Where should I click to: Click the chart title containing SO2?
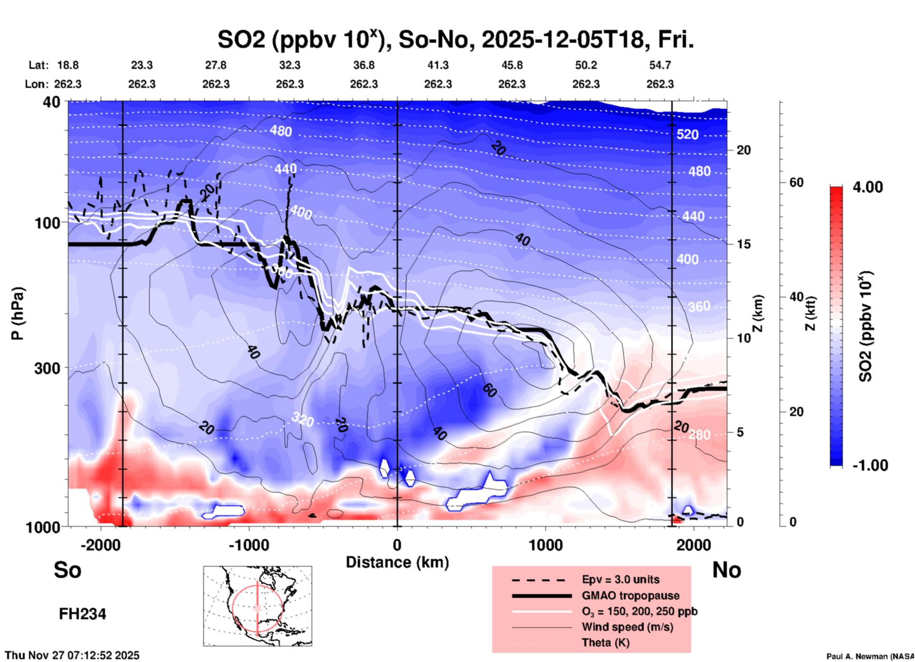pyautogui.click(x=455, y=40)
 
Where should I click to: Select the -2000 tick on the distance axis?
pyautogui.click(x=101, y=545)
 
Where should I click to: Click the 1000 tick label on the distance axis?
pyautogui.click(x=545, y=545)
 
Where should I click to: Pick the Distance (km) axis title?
pyautogui.click(x=397, y=562)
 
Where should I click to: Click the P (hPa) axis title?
pyautogui.click(x=18, y=313)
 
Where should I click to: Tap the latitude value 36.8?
pyautogui.click(x=364, y=65)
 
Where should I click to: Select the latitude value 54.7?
pyautogui.click(x=660, y=65)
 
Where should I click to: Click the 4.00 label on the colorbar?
pyautogui.click(x=867, y=187)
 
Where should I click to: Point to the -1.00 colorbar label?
pyautogui.click(x=870, y=465)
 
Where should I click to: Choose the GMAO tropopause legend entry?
pyautogui.click(x=630, y=596)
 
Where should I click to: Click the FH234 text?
pyautogui.click(x=82, y=614)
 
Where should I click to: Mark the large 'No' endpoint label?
pyautogui.click(x=726, y=570)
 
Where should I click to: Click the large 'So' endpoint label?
pyautogui.click(x=67, y=570)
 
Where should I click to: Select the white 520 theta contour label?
pyautogui.click(x=687, y=134)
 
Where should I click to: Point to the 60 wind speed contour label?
pyautogui.click(x=490, y=390)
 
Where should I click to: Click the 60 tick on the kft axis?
pyautogui.click(x=796, y=182)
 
